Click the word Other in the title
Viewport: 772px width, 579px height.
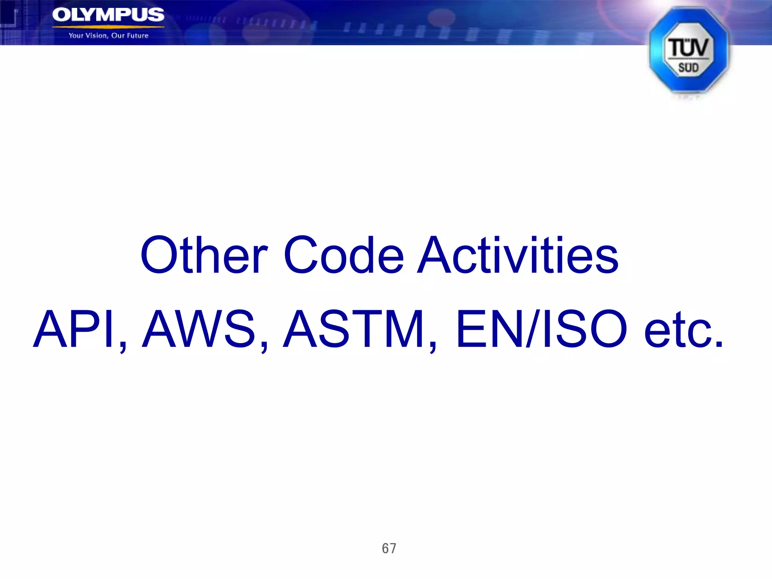click(x=204, y=255)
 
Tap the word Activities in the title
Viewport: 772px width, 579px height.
click(x=518, y=255)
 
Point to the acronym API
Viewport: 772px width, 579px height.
click(x=74, y=329)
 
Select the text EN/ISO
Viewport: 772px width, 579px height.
click(x=541, y=329)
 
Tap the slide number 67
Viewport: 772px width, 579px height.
click(x=389, y=548)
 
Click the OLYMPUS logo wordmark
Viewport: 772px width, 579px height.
click(x=108, y=15)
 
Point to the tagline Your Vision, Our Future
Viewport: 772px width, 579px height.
click(x=109, y=36)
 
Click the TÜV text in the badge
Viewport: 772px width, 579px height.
click(x=688, y=47)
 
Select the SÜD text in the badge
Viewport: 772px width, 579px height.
click(x=688, y=68)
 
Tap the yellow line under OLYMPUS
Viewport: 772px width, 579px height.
click(x=108, y=27)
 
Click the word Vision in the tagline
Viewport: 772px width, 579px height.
click(x=97, y=36)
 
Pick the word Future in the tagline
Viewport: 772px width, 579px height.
click(x=138, y=36)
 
